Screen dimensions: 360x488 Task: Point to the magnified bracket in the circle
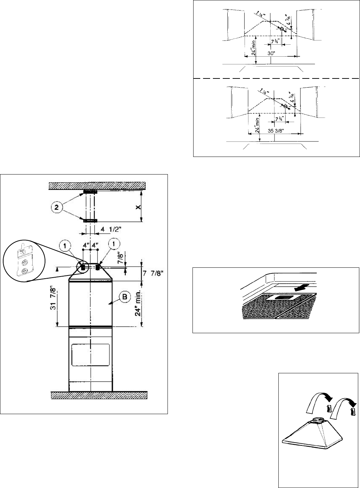pyautogui.click(x=24, y=260)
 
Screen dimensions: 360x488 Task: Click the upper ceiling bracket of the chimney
pyautogui.click(x=90, y=192)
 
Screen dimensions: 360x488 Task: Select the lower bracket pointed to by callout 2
pyautogui.click(x=90, y=221)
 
